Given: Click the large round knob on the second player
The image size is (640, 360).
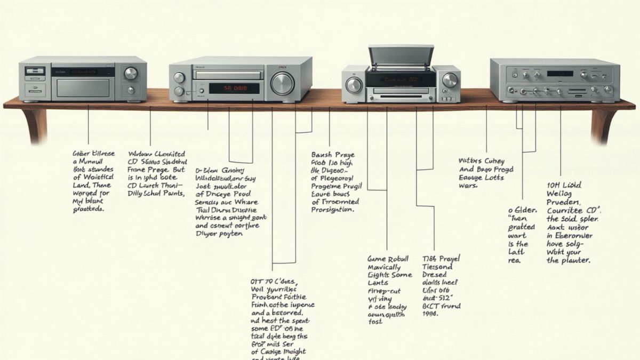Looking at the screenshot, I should pyautogui.click(x=282, y=84).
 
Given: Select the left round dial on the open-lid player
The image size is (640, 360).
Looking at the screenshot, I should pyautogui.click(x=353, y=84).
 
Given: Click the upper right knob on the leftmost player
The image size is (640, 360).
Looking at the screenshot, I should pyautogui.click(x=131, y=73).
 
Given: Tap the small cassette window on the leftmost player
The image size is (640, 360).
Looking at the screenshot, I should pyautogui.click(x=35, y=71).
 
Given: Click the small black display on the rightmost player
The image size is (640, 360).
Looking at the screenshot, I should pyautogui.click(x=559, y=74).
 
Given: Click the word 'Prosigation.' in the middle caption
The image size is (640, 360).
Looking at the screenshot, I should pyautogui.click(x=332, y=210).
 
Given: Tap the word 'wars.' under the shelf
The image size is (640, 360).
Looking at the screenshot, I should pyautogui.click(x=467, y=186).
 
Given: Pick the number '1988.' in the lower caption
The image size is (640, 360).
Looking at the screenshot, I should pyautogui.click(x=430, y=314).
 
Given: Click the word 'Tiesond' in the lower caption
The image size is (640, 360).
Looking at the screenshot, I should pyautogui.click(x=437, y=267).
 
